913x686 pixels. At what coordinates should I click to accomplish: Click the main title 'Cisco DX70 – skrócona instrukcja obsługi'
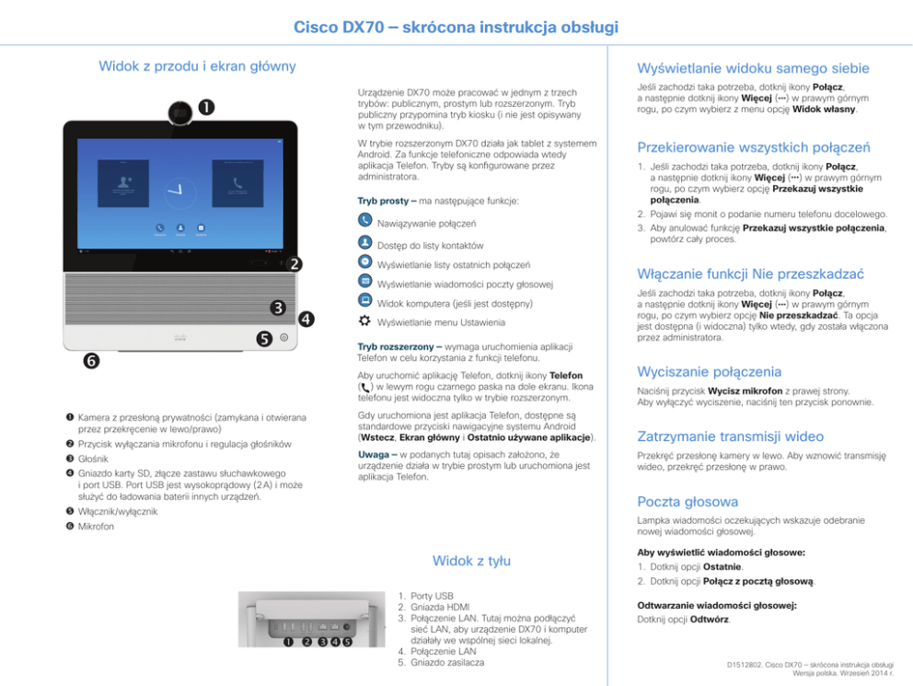(x=456, y=29)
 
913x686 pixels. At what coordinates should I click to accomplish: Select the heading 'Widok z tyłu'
(x=471, y=561)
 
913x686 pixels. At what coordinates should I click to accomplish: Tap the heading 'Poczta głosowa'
(x=688, y=502)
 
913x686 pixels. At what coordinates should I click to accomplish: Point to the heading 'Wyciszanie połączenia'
(x=710, y=372)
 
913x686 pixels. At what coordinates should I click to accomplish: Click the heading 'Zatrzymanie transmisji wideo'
(x=731, y=436)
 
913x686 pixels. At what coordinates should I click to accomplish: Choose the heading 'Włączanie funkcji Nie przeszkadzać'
(x=751, y=274)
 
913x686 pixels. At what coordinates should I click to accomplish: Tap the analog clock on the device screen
(x=174, y=192)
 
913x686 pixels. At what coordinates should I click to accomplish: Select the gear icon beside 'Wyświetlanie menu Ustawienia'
(x=364, y=321)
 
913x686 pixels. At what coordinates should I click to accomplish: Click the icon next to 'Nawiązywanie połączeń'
(x=364, y=222)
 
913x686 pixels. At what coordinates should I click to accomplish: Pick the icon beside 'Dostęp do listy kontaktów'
(x=364, y=243)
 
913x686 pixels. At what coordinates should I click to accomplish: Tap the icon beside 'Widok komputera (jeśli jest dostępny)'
(x=364, y=301)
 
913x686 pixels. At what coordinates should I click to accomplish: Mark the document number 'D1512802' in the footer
(x=746, y=664)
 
